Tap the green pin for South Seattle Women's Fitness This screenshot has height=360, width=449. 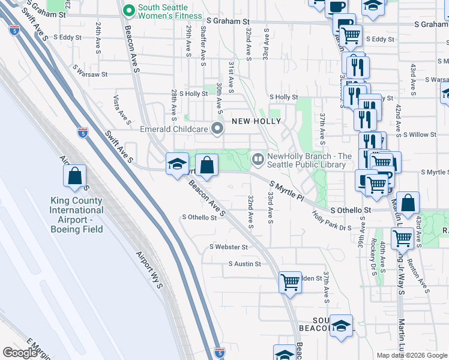(x=128, y=10)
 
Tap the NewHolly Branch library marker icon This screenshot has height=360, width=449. (x=258, y=160)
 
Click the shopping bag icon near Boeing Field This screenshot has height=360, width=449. (x=75, y=176)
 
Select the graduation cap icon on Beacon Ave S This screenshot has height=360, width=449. (x=178, y=164)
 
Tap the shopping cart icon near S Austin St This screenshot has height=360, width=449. (x=290, y=281)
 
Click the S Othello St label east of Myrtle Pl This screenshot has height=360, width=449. (x=351, y=211)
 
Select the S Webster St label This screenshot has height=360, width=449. (x=228, y=247)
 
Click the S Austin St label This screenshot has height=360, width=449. (x=245, y=264)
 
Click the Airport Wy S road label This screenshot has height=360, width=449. (x=150, y=270)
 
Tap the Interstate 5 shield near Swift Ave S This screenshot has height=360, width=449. (x=83, y=133)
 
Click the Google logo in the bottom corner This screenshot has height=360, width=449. (x=19, y=353)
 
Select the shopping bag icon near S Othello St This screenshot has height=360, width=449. (x=408, y=204)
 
